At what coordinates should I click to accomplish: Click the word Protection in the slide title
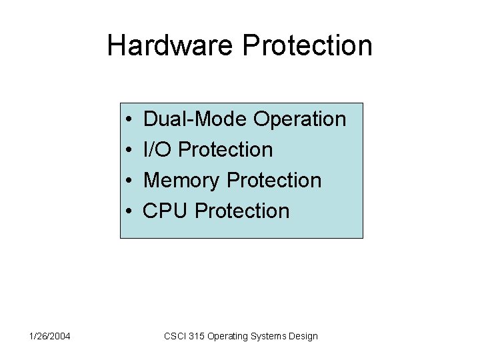(307, 45)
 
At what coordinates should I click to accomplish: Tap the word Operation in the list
(300, 119)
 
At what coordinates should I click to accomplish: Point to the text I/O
(158, 150)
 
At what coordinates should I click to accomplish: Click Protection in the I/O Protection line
(226, 150)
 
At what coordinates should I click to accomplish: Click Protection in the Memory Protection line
(274, 181)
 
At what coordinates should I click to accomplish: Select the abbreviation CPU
(166, 211)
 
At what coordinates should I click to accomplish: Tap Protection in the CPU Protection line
(242, 211)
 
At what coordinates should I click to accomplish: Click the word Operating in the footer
(228, 336)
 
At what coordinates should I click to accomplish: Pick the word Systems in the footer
(268, 336)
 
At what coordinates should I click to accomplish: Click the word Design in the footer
(303, 336)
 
